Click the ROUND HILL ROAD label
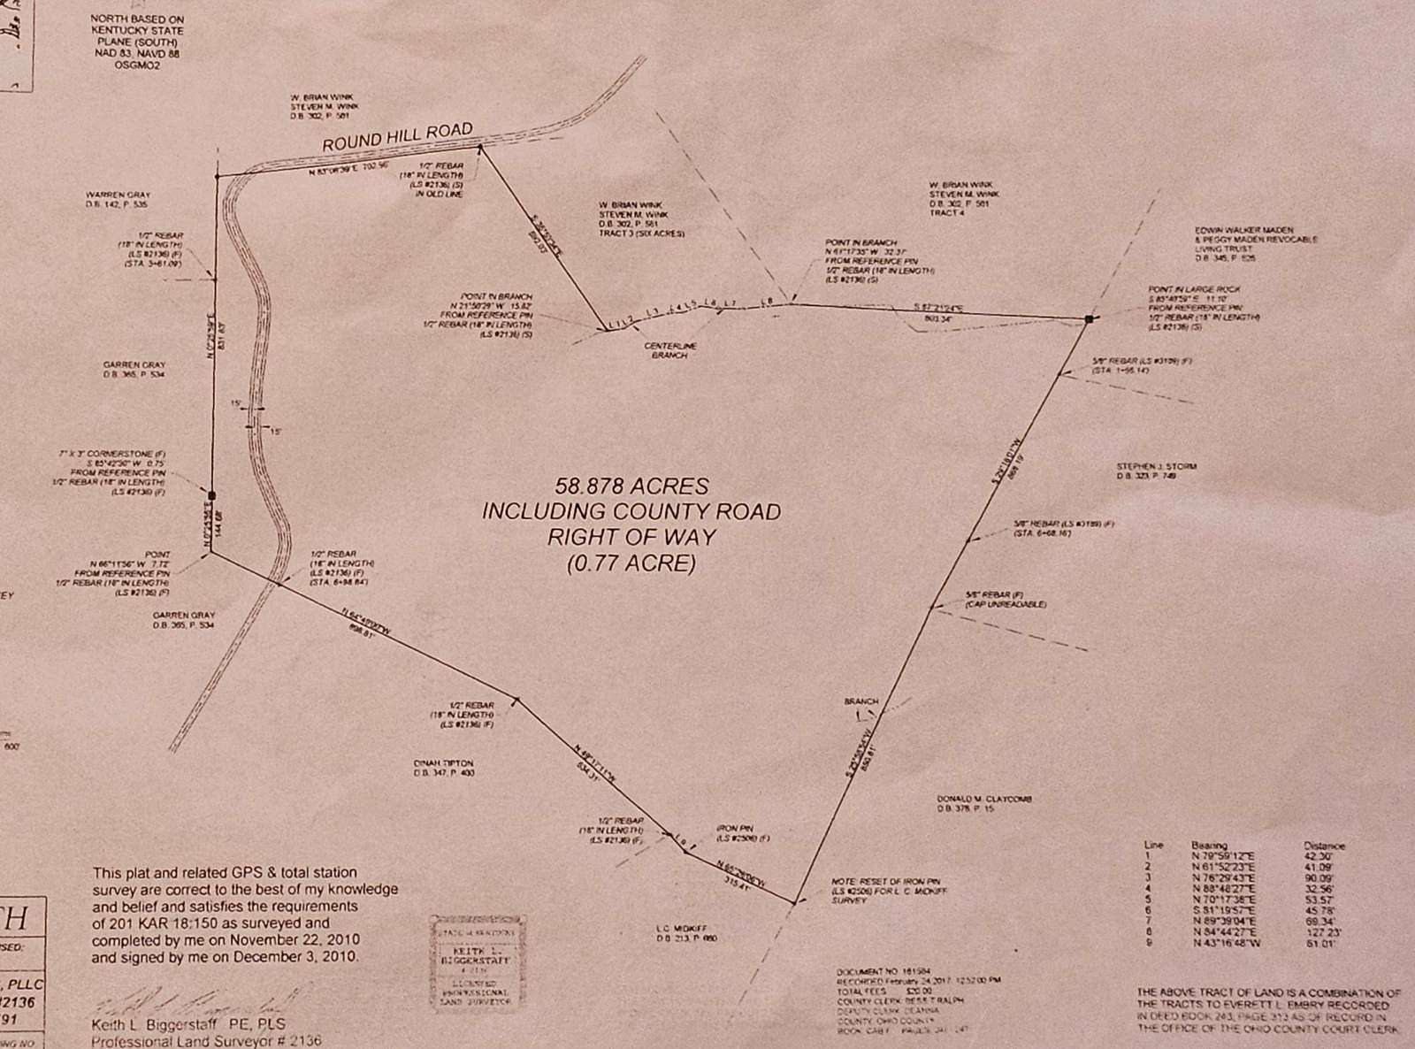tap(397, 137)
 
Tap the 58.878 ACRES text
tap(631, 486)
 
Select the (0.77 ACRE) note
tap(631, 563)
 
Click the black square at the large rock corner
tap(1089, 318)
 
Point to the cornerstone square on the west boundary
tap(211, 495)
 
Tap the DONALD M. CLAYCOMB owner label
tap(984, 800)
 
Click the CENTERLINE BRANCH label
tap(673, 350)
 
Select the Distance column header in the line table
tap(1324, 846)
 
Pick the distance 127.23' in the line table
tap(1323, 932)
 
